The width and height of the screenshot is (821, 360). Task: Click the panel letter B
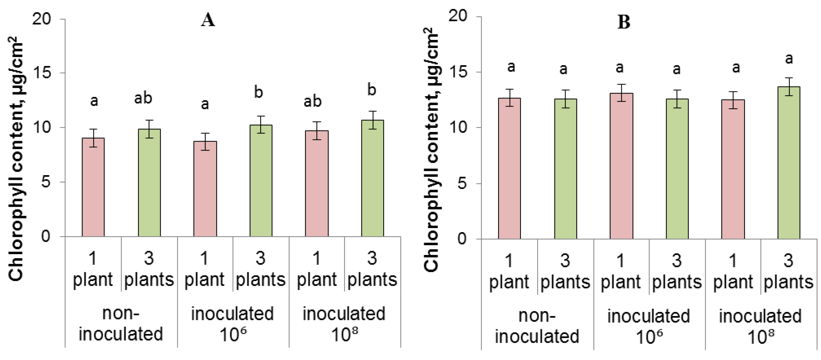click(x=624, y=22)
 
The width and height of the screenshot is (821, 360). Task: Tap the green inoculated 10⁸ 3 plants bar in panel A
click(x=372, y=178)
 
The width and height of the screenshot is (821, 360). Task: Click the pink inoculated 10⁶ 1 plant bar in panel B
click(x=621, y=166)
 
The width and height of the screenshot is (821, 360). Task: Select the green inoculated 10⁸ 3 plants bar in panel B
click(x=788, y=162)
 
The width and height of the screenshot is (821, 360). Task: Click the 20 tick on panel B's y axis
click(x=458, y=16)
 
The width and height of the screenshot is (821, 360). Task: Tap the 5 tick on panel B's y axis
click(x=462, y=183)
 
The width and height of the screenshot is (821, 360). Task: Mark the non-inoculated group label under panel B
click(x=537, y=326)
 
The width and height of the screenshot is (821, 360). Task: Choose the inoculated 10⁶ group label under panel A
click(x=232, y=323)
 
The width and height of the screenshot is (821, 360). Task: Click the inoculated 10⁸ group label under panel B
click(x=760, y=326)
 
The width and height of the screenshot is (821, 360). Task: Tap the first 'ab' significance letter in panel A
click(x=143, y=98)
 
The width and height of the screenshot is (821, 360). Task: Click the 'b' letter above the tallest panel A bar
click(x=372, y=90)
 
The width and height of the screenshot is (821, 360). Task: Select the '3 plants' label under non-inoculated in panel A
click(x=149, y=269)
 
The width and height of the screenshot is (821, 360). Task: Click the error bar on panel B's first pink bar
click(x=509, y=98)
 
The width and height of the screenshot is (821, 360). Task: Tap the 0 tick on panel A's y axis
click(x=46, y=236)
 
